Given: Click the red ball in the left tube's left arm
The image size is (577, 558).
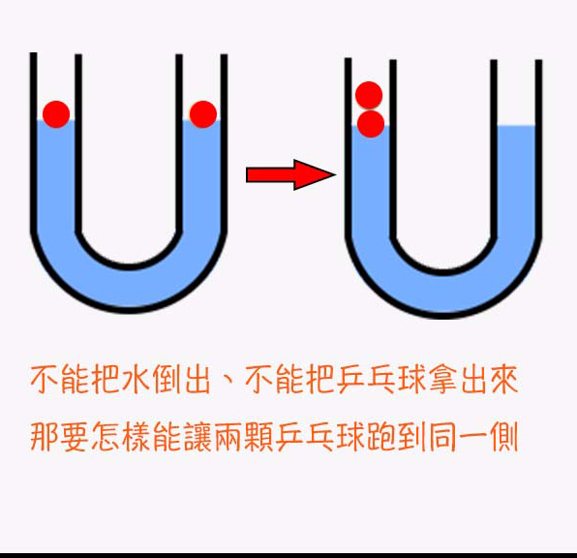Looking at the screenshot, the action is point(56,114).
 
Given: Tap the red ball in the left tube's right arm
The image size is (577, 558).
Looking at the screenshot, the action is point(202,114).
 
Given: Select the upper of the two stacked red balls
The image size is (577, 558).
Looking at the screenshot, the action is point(369,95).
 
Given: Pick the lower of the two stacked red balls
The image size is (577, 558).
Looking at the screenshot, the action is point(371,124).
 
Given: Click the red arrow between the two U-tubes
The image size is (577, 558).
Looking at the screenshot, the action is point(290,174).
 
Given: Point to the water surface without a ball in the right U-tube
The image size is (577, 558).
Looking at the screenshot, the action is point(516,126).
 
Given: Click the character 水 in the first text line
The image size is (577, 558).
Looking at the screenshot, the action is point(136,380).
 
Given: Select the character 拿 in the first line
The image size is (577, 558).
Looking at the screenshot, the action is point(442,380).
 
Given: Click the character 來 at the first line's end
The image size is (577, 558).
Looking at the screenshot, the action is point(503,380).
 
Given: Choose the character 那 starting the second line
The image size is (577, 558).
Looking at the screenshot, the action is point(44,437).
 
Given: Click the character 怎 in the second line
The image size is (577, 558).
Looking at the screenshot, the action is point(106,437).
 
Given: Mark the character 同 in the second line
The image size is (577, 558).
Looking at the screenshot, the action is point(442,437).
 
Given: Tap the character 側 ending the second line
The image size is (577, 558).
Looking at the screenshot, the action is point(503,437).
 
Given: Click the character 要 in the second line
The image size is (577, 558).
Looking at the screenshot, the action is point(75,437).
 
